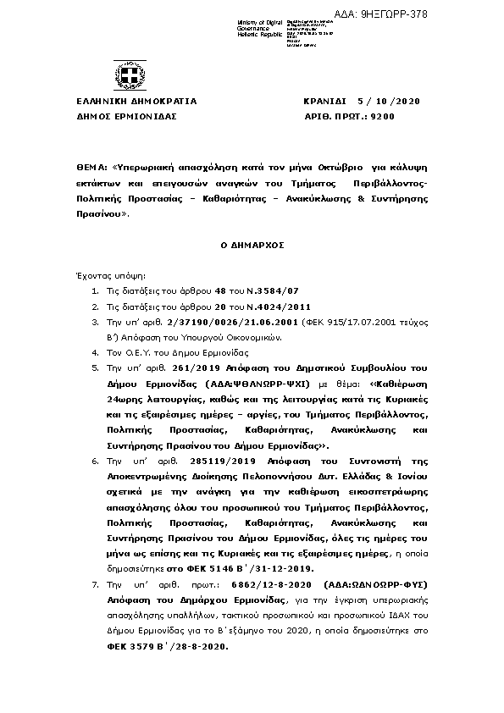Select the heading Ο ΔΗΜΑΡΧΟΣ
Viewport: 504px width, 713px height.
click(252, 244)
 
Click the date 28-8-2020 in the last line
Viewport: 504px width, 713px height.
click(206, 646)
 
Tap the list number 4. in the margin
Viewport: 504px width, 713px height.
click(95, 351)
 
